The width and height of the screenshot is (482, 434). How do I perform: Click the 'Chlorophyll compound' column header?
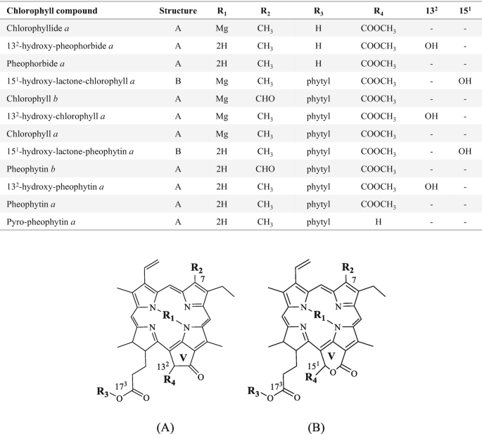[49, 12]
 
